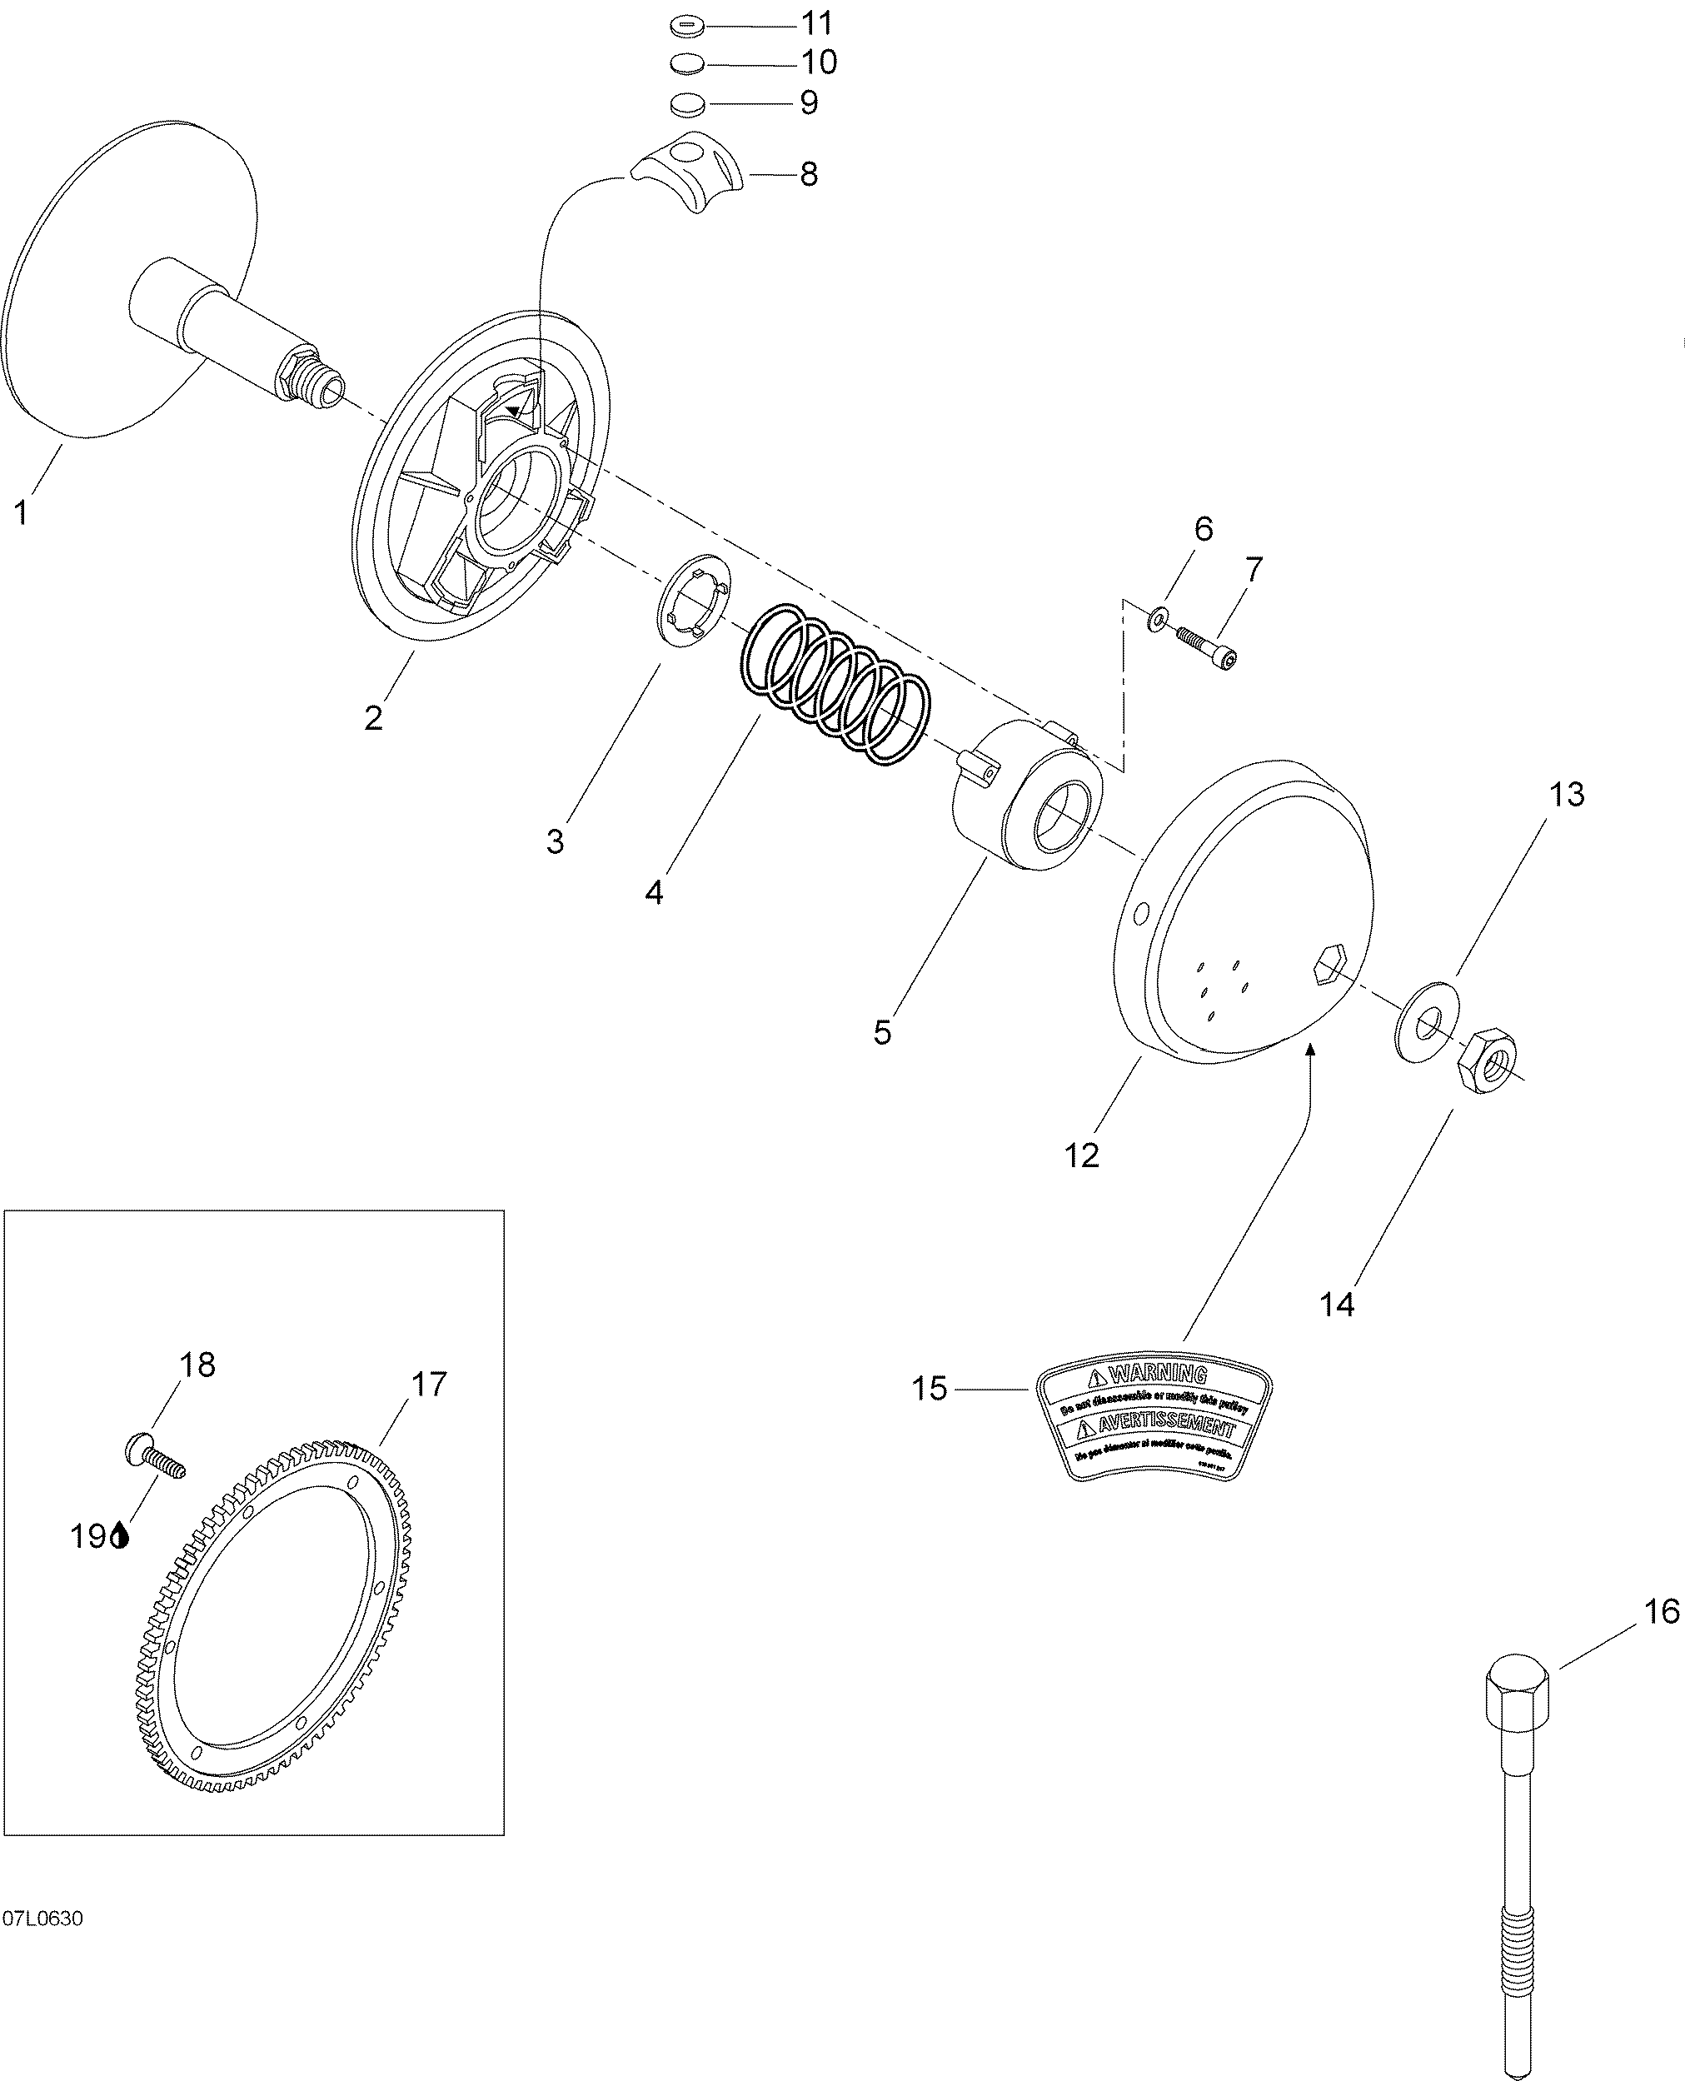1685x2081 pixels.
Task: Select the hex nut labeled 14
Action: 1486,1063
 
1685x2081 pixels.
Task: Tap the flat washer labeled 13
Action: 1427,1022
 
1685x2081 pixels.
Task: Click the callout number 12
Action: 1081,1155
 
